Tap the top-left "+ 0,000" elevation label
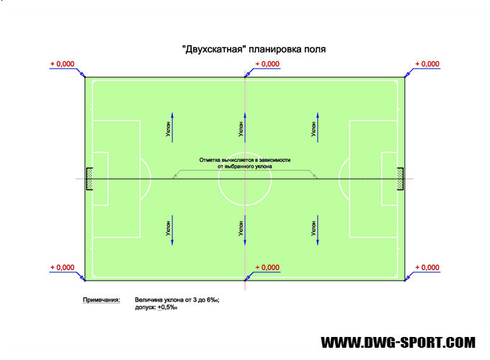tap(62, 64)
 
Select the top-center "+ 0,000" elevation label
tap(268, 64)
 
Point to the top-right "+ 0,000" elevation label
tap(428, 64)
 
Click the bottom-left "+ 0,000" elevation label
tap(62, 268)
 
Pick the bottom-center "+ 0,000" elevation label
tap(268, 268)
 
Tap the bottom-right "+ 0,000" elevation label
tap(428, 268)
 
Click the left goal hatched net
tap(89, 178)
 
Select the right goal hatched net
tap(400, 178)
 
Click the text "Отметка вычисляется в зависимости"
tap(245, 160)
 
